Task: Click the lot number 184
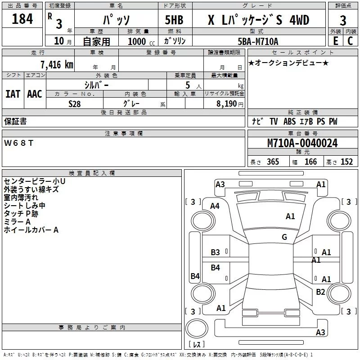pos(22,19)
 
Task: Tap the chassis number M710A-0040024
pos(302,143)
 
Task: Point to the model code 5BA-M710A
pos(258,41)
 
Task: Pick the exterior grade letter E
pos(335,41)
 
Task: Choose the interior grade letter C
pos(350,41)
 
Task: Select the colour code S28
pos(75,103)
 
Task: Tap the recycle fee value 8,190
pos(227,103)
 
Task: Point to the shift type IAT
pos(13,94)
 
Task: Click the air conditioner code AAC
pos(34,94)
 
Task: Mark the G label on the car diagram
pos(284,237)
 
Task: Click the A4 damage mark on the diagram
pos(215,206)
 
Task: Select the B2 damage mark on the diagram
pos(320,292)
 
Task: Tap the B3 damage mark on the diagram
pos(216,252)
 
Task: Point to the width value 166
pos(310,162)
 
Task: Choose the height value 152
pos(346,162)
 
